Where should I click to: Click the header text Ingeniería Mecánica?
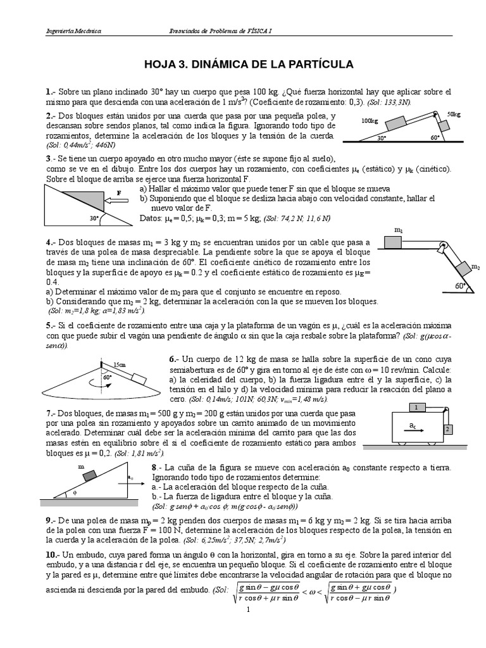[x=73, y=31]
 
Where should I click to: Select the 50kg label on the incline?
[x=454, y=114]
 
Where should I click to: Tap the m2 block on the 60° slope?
[x=461, y=268]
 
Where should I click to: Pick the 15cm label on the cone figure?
[x=118, y=365]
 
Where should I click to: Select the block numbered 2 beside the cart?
[x=446, y=429]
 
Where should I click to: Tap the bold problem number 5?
[x=49, y=325]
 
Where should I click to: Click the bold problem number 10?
[x=52, y=554]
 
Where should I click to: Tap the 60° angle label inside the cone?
[x=108, y=378]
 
